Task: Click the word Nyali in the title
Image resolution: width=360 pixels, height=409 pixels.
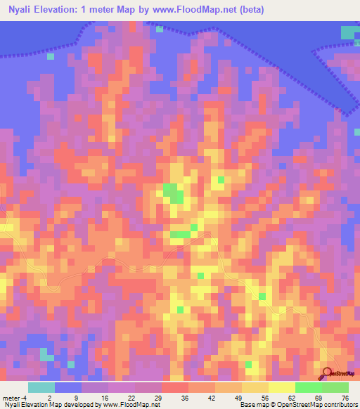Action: (20, 11)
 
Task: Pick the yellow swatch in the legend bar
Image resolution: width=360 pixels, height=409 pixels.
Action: (281, 387)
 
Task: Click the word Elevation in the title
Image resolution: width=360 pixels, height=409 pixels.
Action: (62, 11)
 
